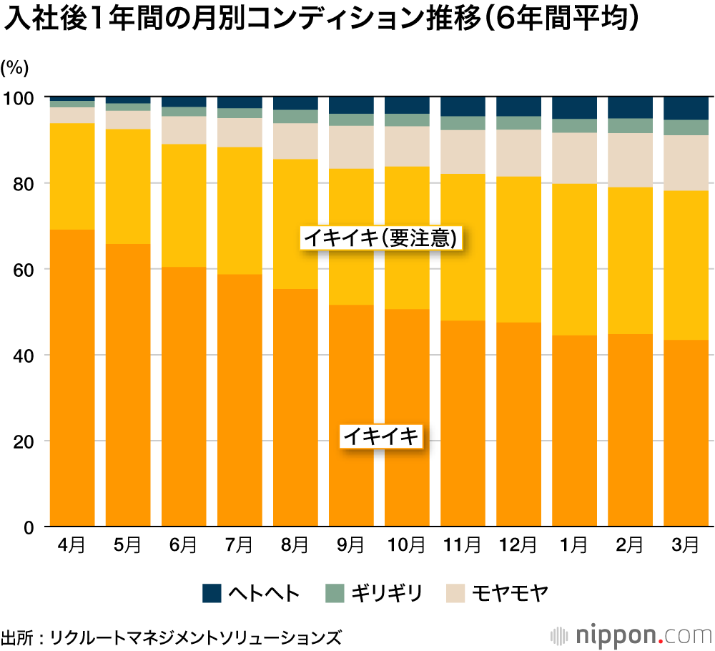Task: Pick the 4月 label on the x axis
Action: pos(72,546)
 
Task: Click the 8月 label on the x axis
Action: pos(295,546)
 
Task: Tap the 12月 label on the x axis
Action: pos(518,546)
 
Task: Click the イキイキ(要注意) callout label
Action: pos(380,238)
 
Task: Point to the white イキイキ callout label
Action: pos(381,436)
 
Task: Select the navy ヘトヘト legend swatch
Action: pos(212,593)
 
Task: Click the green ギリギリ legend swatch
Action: pos(335,593)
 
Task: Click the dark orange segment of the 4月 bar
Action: pos(72,379)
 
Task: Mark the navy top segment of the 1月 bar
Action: pos(573,107)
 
